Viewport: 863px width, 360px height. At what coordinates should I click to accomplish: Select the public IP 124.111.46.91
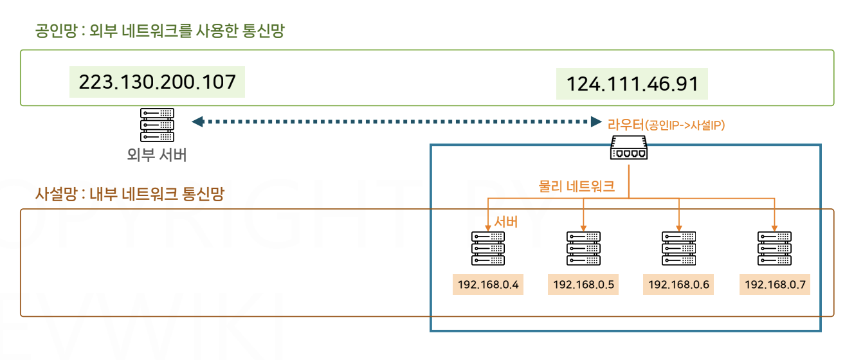tap(631, 84)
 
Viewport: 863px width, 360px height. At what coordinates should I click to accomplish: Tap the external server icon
tap(158, 125)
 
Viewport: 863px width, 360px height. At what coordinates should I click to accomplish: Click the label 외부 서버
tap(158, 156)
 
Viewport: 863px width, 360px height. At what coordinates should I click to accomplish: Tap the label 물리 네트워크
tap(577, 187)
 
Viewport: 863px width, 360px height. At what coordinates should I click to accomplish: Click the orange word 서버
tap(505, 222)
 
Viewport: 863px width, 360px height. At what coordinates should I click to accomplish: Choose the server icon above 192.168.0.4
tap(487, 248)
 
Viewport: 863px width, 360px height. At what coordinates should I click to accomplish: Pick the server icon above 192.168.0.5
tap(583, 248)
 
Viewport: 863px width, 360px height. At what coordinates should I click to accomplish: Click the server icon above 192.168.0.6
tap(678, 248)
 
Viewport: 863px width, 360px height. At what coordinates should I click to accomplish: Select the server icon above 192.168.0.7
tap(774, 248)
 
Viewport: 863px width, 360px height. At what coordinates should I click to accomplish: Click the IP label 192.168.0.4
tap(487, 284)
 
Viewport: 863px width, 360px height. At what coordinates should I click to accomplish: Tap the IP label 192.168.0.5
tap(583, 284)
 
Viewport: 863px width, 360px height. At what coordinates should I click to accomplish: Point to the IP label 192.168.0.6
tap(678, 284)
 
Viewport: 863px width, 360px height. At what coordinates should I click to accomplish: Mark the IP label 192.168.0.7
tap(774, 284)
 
